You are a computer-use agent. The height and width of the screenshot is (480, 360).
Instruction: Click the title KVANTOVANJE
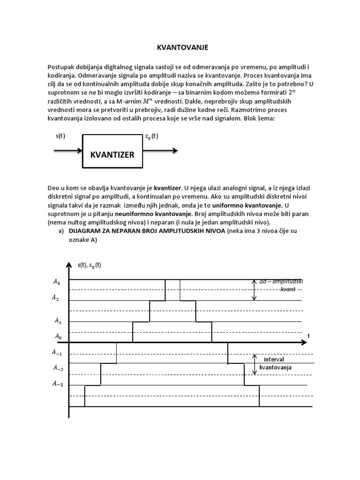click(180, 48)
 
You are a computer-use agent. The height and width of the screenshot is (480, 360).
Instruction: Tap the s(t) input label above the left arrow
click(60, 136)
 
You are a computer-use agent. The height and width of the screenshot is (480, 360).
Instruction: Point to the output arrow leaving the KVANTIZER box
click(159, 150)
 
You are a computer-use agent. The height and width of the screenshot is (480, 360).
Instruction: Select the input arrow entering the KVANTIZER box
click(68, 150)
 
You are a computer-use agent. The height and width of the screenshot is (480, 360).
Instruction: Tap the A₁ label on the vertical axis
click(58, 321)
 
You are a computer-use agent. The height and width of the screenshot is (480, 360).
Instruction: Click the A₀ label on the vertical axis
click(58, 336)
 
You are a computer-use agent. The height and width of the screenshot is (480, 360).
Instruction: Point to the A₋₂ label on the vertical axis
click(57, 368)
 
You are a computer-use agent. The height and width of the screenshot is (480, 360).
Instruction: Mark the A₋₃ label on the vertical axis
click(57, 384)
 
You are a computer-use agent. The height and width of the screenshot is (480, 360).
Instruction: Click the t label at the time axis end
click(309, 336)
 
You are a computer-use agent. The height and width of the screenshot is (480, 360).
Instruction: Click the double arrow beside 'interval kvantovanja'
click(254, 364)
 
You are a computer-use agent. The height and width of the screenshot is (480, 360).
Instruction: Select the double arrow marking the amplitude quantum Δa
click(254, 290)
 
